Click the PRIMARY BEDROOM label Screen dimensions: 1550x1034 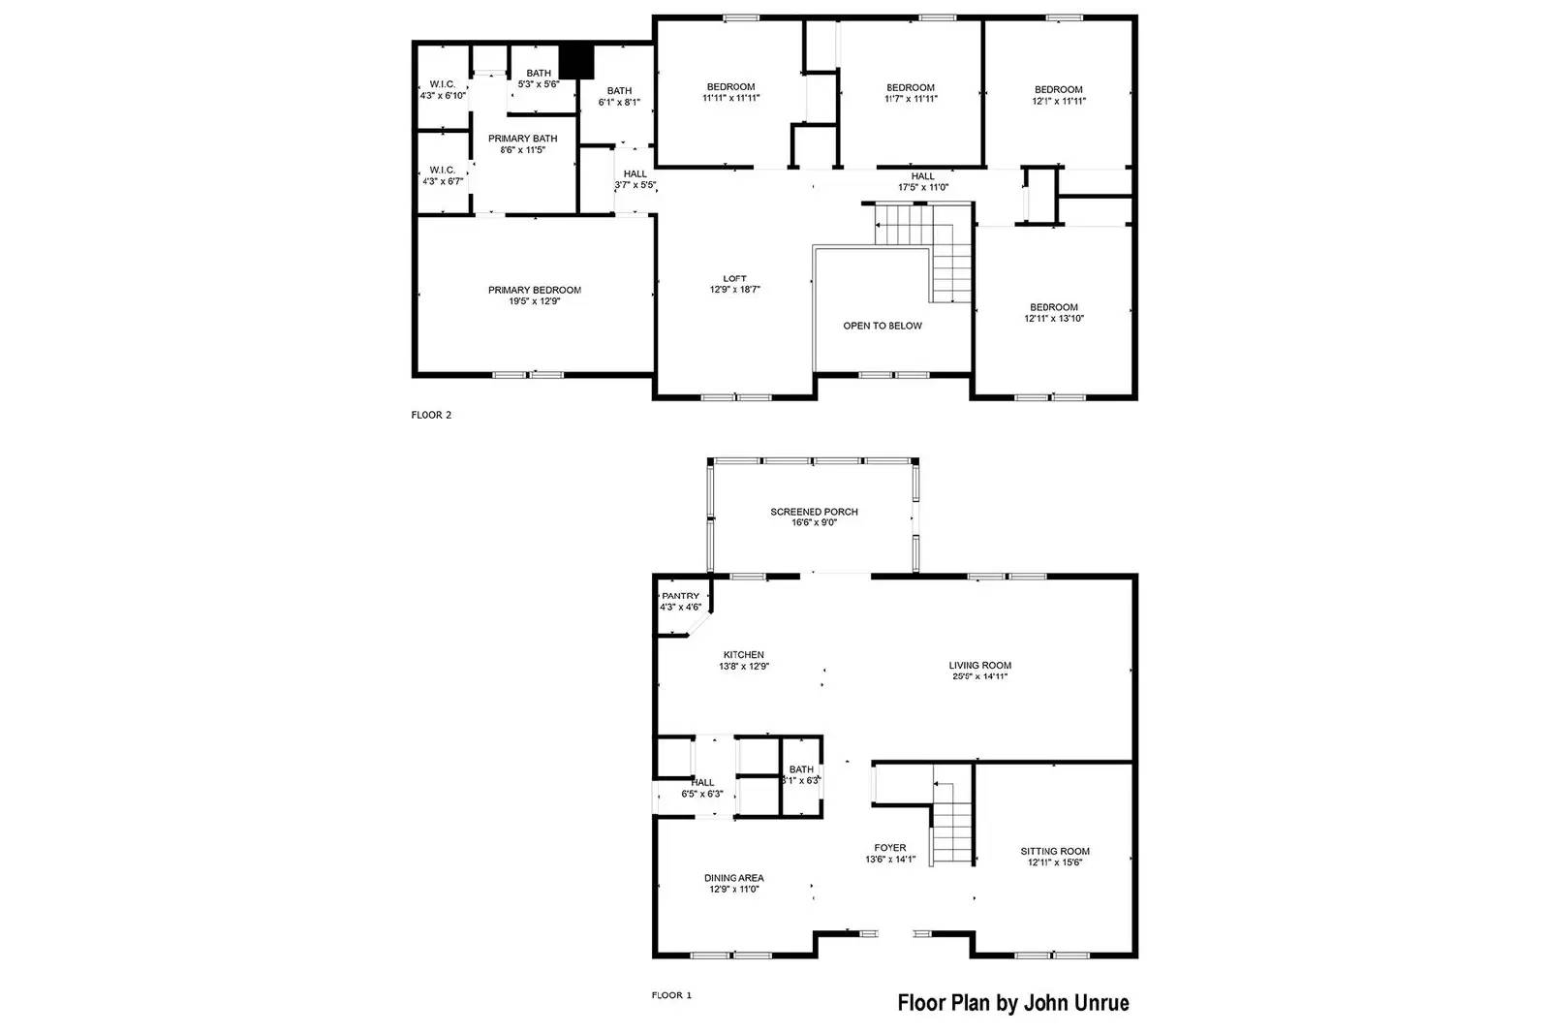pyautogui.click(x=534, y=290)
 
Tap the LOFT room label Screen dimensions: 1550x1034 pyautogui.click(x=734, y=279)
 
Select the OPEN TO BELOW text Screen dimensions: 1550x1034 pyautogui.click(x=883, y=326)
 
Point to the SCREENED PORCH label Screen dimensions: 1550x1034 pyautogui.click(x=814, y=513)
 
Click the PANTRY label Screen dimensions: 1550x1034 pyautogui.click(x=680, y=596)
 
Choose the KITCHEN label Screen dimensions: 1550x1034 pyautogui.click(x=744, y=655)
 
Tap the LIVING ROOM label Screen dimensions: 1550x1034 pyautogui.click(x=979, y=666)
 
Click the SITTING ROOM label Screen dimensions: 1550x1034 pyautogui.click(x=1055, y=851)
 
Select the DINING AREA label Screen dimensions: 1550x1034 pyautogui.click(x=734, y=878)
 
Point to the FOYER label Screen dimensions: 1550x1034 pyautogui.click(x=890, y=848)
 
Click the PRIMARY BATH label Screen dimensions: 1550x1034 pyautogui.click(x=522, y=139)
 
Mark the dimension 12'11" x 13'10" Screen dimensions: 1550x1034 pyautogui.click(x=1054, y=319)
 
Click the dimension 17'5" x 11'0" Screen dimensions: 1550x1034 pyautogui.click(x=923, y=187)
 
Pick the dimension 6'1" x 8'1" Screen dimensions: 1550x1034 pyautogui.click(x=619, y=103)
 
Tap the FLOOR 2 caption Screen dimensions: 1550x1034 pyautogui.click(x=431, y=416)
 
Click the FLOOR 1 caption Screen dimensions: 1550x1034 pyautogui.click(x=671, y=995)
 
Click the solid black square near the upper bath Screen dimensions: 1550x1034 pyautogui.click(x=576, y=62)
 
